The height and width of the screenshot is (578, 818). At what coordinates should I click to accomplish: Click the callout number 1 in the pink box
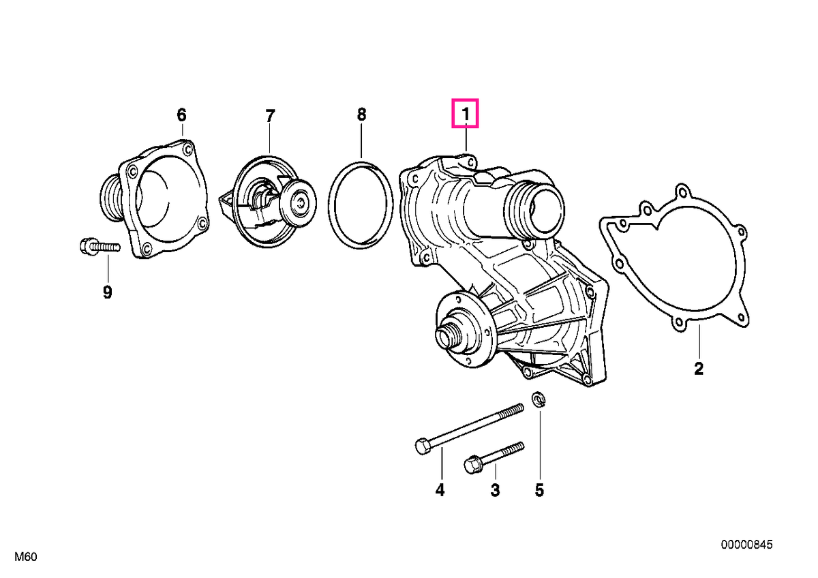(465, 114)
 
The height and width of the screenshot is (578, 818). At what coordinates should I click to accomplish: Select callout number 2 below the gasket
(698, 369)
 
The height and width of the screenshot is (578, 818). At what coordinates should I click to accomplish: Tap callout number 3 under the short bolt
(495, 489)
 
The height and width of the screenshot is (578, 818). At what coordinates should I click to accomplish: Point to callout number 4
(440, 489)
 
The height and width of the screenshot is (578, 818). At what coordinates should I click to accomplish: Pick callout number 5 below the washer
(539, 489)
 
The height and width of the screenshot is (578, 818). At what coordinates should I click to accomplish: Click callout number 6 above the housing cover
(181, 115)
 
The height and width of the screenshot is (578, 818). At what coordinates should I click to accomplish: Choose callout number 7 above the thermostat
(269, 116)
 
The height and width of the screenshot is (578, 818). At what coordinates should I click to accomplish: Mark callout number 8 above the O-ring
(361, 115)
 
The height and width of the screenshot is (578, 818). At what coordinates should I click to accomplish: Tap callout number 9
(107, 292)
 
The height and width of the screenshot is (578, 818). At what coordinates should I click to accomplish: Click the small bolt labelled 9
(100, 247)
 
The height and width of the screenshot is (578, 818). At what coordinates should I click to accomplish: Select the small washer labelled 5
(539, 399)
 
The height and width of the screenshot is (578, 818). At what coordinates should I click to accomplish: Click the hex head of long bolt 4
(423, 446)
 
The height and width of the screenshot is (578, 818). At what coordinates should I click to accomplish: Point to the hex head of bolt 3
(472, 465)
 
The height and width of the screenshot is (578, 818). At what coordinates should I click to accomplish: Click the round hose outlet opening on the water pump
(546, 208)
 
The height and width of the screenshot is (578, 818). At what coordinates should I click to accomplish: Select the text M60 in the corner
(26, 557)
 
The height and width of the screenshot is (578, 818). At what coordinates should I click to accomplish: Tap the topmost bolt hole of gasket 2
(682, 192)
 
